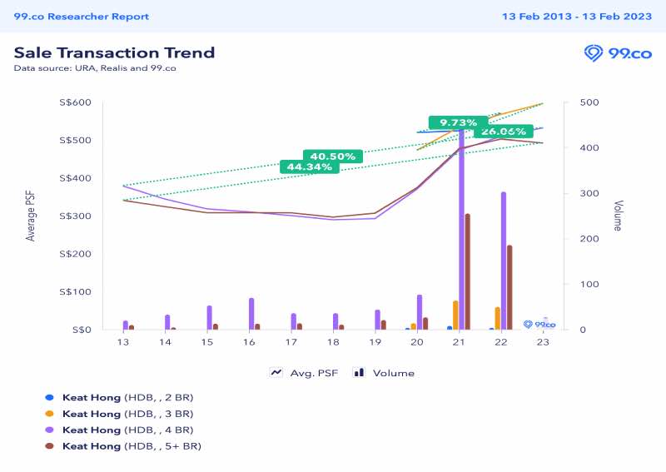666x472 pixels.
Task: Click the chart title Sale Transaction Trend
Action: pos(114,52)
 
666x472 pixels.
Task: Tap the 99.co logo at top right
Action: pos(618,54)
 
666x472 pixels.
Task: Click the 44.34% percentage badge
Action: pos(310,166)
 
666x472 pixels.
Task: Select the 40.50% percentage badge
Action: pos(333,156)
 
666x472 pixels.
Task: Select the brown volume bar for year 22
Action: pos(509,287)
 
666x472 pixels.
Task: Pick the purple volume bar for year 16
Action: pos(251,313)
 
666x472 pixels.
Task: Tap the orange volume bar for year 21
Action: pos(455,315)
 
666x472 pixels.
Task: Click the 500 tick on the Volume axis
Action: pos(578,102)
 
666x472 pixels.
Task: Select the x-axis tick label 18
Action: pos(333,342)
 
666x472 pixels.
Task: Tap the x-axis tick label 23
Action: pos(543,342)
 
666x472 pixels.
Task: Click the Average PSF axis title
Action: pos(31,216)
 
